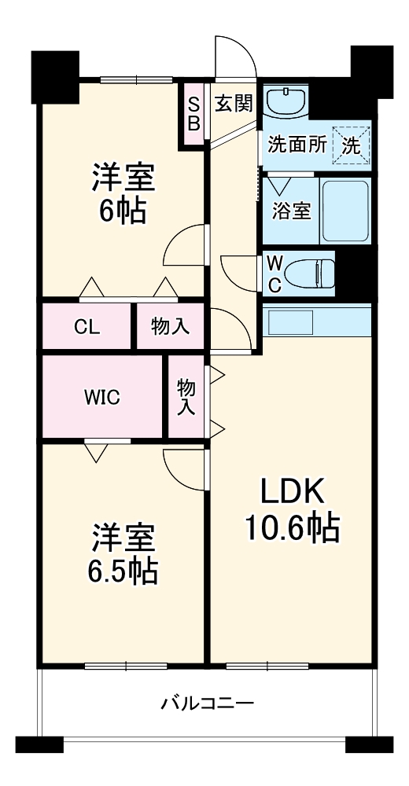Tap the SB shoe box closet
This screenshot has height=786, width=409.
click(x=193, y=114)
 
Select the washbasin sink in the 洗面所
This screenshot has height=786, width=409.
click(x=286, y=103)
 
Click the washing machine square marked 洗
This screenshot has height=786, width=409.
click(x=351, y=144)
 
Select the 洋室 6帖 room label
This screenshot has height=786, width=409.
click(x=122, y=193)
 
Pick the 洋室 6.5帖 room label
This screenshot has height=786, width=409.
click(x=122, y=554)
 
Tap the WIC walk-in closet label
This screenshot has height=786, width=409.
click(x=102, y=397)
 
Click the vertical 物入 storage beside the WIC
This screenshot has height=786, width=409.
click(x=186, y=397)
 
